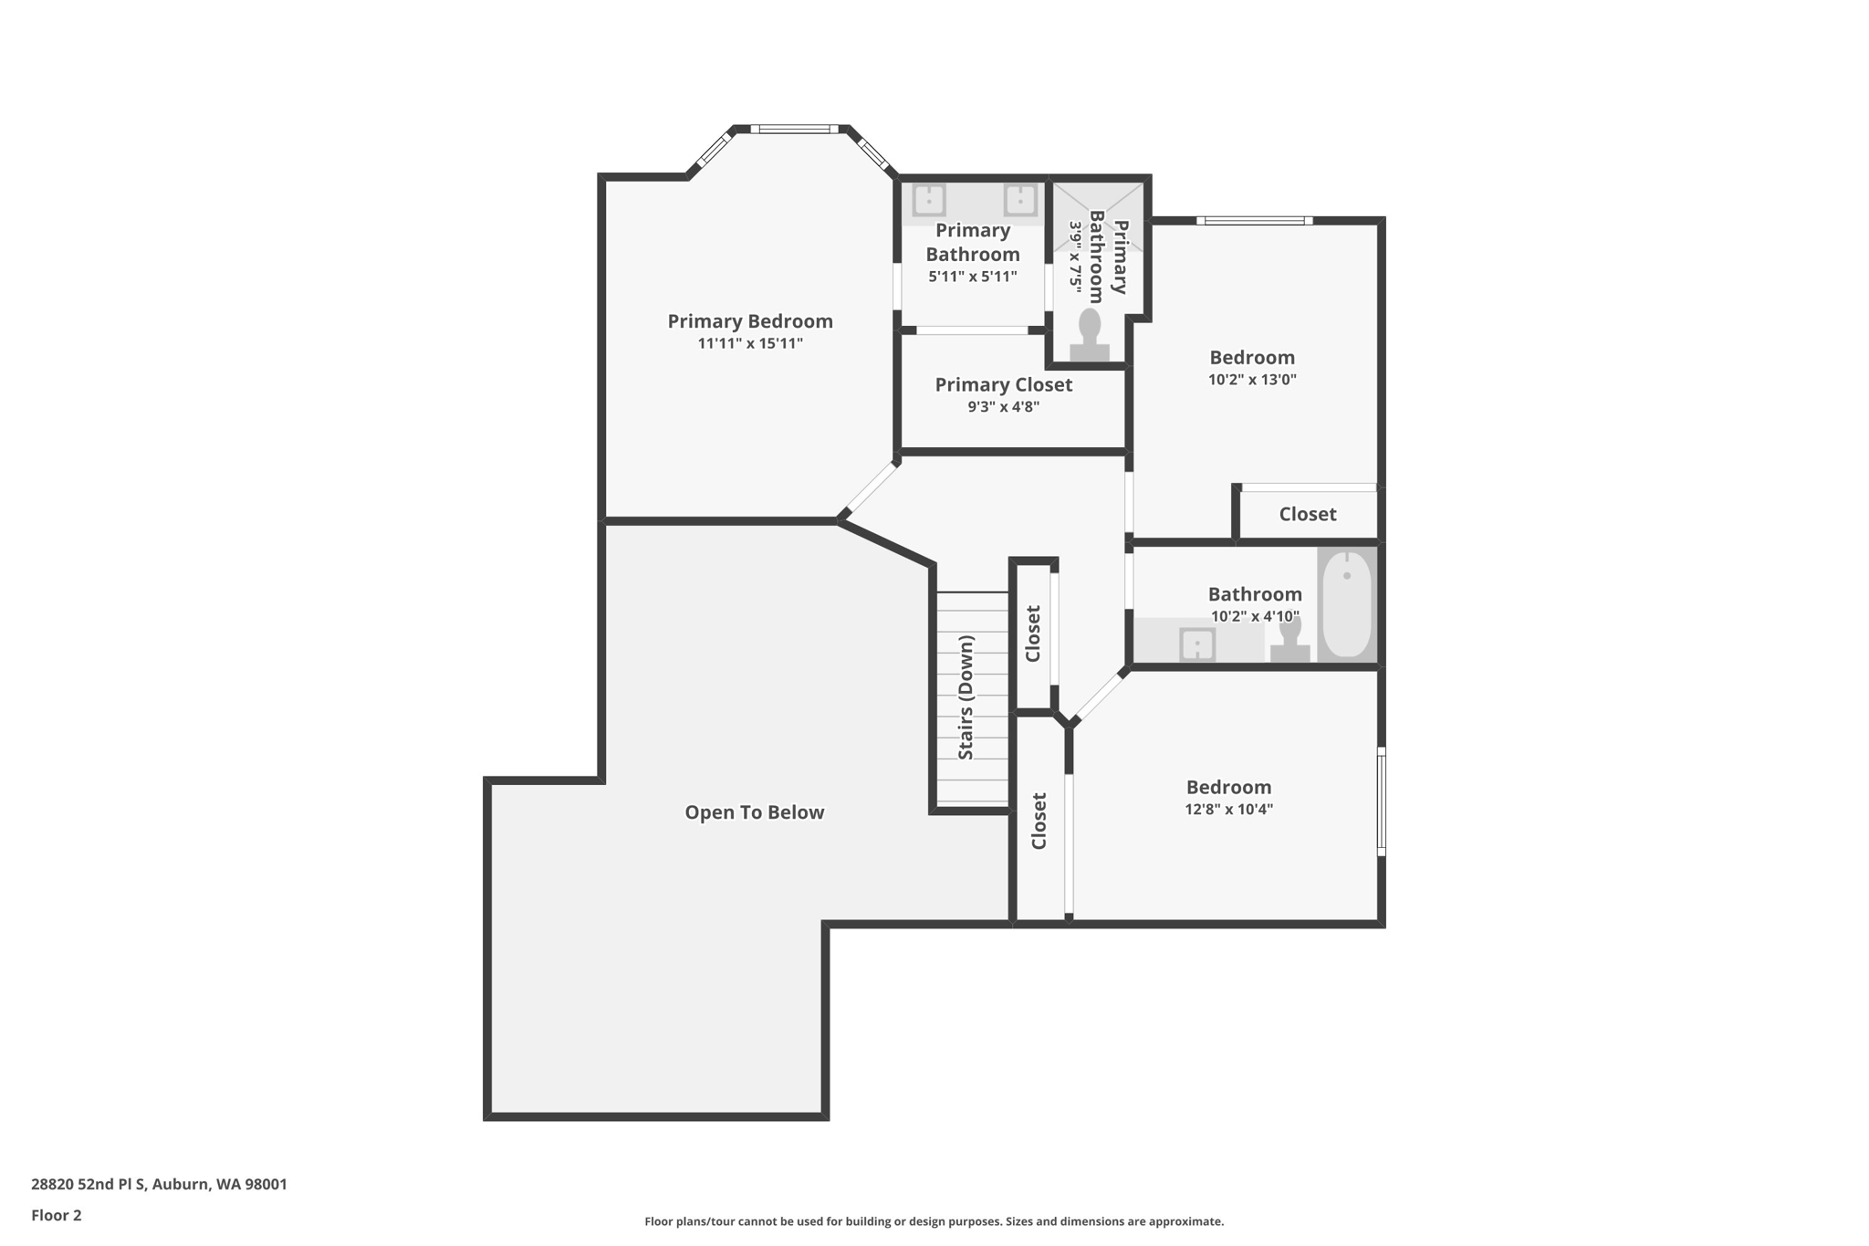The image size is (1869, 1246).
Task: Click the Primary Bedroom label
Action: tap(750, 321)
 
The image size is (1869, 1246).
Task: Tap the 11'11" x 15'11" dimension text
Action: tap(750, 344)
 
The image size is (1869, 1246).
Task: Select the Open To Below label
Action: tap(755, 812)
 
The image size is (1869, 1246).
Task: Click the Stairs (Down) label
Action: tap(966, 697)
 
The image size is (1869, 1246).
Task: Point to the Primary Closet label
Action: tap(1004, 385)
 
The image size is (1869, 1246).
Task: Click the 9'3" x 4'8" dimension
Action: tap(1004, 407)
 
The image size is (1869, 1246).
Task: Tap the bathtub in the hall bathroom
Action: tap(1347, 603)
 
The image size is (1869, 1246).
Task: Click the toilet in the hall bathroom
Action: tap(1290, 640)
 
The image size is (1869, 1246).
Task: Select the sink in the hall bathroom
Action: tap(1196, 644)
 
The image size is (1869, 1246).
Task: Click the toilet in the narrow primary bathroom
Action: tap(1090, 335)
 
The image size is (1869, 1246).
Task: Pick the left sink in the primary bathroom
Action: tap(929, 199)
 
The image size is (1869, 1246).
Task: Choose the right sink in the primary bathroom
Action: tap(1019, 199)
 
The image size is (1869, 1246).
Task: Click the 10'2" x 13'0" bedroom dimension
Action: tap(1252, 380)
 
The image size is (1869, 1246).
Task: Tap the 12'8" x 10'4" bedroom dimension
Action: tap(1228, 810)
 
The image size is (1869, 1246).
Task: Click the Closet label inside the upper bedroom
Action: tap(1308, 515)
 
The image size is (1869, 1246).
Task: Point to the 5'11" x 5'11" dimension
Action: tap(973, 277)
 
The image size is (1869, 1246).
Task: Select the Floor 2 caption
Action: tap(57, 1216)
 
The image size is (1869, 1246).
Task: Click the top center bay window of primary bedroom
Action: tap(794, 130)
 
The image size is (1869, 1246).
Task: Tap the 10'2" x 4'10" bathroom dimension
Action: tap(1255, 617)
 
